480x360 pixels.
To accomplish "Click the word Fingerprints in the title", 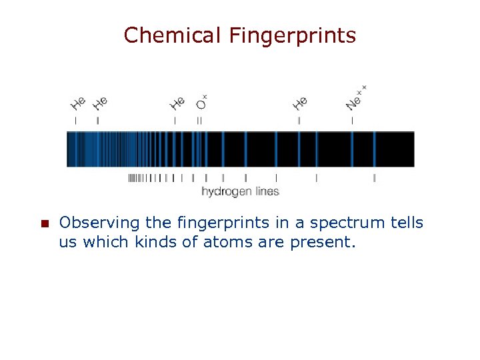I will [x=293, y=35].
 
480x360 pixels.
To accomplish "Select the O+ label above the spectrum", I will [x=202, y=101].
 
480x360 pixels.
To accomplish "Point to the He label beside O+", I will [x=177, y=103].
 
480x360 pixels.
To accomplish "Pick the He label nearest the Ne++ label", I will [x=300, y=103].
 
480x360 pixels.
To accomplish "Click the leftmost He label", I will [x=78, y=103].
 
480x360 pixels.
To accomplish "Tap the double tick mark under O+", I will [x=199, y=121].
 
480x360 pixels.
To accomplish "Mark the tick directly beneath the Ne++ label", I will [x=351, y=121].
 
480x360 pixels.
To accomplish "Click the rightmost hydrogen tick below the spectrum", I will [x=375, y=178].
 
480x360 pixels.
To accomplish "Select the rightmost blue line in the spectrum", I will [x=375, y=149].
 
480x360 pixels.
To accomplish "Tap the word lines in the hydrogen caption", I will [x=266, y=192].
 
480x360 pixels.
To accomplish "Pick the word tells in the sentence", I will [x=407, y=223].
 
